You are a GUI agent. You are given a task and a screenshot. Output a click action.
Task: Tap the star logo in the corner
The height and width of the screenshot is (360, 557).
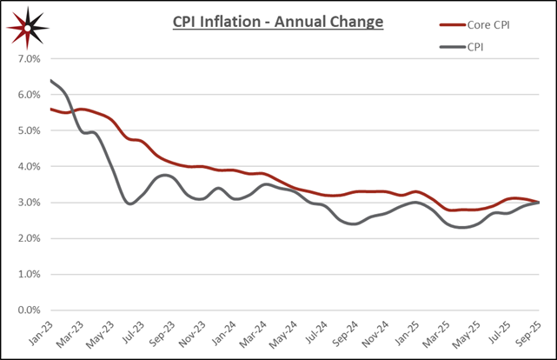click(x=28, y=27)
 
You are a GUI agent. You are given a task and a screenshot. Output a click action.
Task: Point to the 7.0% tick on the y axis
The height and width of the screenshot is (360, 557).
click(x=28, y=59)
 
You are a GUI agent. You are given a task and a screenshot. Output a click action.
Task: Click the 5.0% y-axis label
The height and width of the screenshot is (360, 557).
click(x=28, y=130)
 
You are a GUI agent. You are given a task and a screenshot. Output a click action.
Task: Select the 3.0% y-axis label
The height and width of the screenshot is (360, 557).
click(x=28, y=203)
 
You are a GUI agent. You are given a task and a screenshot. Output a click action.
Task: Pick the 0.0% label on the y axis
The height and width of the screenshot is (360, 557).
click(x=28, y=310)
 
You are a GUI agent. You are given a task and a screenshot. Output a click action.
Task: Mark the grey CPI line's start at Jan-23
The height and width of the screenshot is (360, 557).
click(x=54, y=81)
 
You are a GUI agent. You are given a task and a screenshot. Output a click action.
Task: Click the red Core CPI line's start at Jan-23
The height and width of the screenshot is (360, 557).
click(x=54, y=110)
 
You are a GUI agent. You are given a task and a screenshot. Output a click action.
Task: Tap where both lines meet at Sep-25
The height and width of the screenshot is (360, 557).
click(x=537, y=202)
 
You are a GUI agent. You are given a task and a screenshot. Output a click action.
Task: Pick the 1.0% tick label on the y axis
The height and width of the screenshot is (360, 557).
click(x=28, y=274)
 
